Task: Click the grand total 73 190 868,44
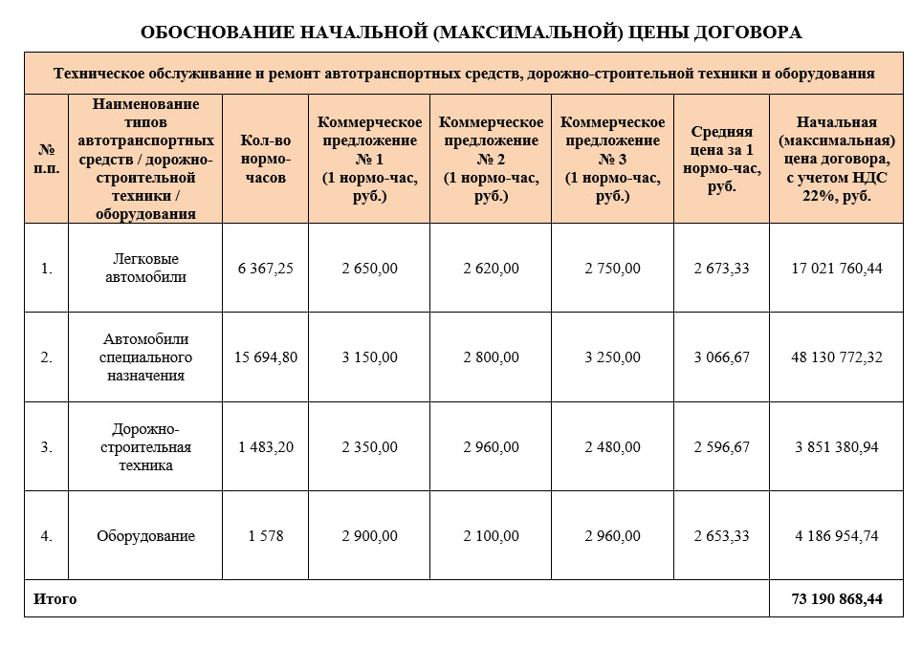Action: click(837, 599)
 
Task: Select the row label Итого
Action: click(55, 599)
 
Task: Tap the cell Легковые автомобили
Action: click(144, 269)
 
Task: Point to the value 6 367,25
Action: click(265, 269)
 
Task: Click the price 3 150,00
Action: click(369, 357)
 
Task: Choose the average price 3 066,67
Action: click(721, 357)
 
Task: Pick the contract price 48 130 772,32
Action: click(837, 357)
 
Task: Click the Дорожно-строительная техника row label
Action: click(144, 447)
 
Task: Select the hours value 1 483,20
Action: click(265, 447)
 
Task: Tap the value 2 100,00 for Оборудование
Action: click(491, 536)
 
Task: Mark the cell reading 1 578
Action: click(265, 536)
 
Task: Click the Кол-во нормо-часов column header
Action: click(265, 159)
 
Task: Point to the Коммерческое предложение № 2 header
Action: click(491, 159)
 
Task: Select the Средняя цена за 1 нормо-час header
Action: click(721, 159)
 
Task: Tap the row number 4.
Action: click(46, 536)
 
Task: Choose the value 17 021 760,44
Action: click(837, 269)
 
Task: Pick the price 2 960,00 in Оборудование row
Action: click(612, 536)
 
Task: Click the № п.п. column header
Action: click(46, 159)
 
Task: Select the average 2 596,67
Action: click(721, 447)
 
